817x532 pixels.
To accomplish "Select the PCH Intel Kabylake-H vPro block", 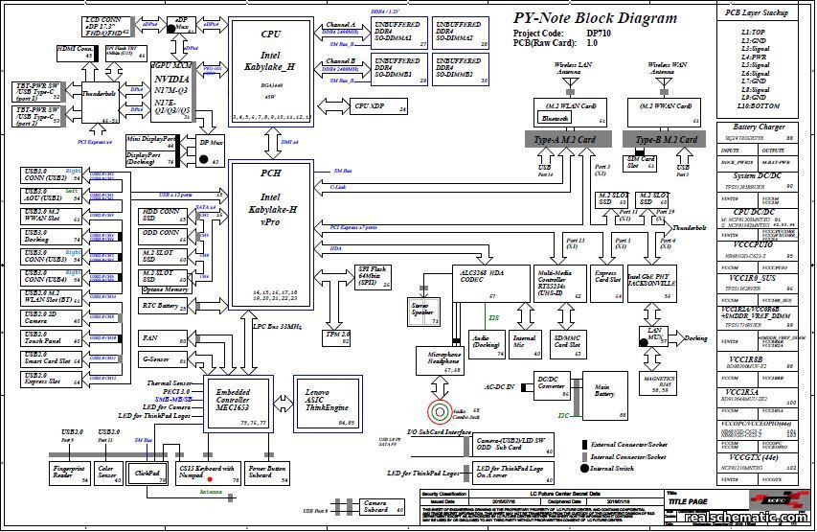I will (x=270, y=230).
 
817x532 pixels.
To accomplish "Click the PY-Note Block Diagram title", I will (x=594, y=17).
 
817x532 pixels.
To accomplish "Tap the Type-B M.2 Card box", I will (x=669, y=139).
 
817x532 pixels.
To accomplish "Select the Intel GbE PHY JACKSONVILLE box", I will (x=651, y=279).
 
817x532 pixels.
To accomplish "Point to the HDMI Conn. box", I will (x=75, y=52).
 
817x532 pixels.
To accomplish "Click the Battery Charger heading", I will (x=759, y=127).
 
